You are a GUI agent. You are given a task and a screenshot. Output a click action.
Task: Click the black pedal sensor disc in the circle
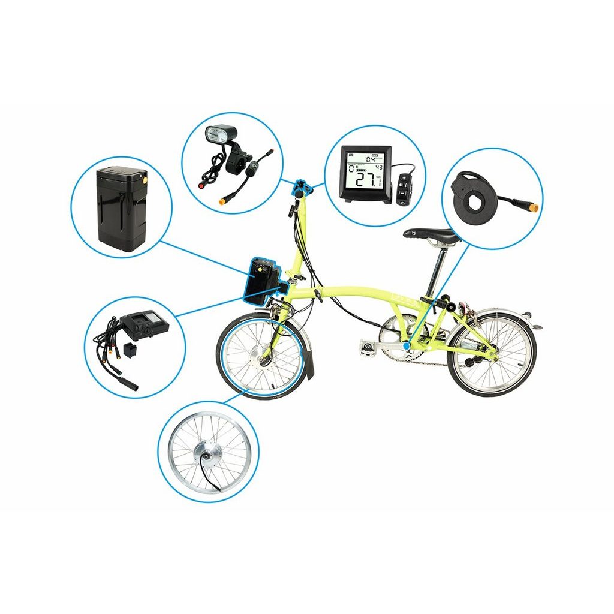pos(472,194)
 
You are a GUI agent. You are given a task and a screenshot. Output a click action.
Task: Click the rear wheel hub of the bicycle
pos(491,354)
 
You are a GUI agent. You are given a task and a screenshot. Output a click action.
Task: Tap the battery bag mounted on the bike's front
pos(261,279)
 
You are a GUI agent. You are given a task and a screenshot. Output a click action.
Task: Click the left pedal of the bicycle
pos(367,346)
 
